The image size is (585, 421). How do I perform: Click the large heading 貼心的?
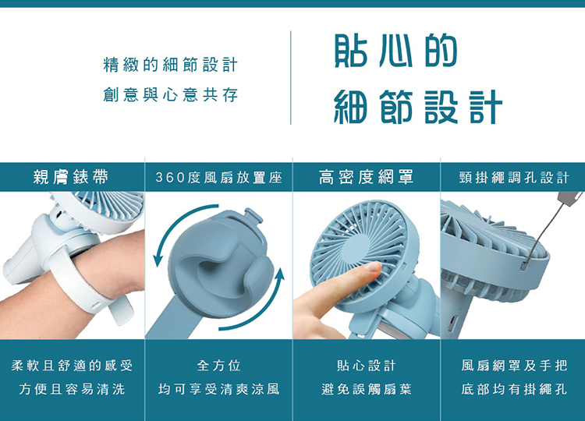[x=395, y=51]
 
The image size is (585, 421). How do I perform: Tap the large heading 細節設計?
[x=418, y=107]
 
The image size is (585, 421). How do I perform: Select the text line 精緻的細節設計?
[x=171, y=65]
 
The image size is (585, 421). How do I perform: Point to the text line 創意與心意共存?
[x=171, y=94]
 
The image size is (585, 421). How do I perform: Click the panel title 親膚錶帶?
[x=71, y=177]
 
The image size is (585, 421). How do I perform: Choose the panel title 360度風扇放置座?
[x=218, y=178]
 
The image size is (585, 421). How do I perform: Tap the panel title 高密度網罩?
[x=367, y=177]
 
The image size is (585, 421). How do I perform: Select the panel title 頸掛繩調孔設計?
[x=514, y=178]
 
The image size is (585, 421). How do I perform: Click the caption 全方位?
[x=219, y=366]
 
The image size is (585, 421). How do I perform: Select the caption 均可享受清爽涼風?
[x=219, y=389]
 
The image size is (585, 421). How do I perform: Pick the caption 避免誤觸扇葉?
[x=367, y=389]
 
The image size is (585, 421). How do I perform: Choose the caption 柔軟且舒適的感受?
[x=72, y=366]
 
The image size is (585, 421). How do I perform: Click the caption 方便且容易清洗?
[x=72, y=389]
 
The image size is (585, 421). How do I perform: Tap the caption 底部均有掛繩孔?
[x=514, y=389]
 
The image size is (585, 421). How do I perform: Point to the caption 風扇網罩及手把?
[x=514, y=366]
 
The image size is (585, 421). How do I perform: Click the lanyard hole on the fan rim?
[x=525, y=266]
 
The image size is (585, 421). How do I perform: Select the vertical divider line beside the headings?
[x=291, y=77]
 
